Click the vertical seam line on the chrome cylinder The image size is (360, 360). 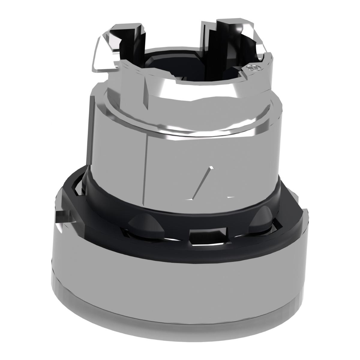click(x=146, y=168)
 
